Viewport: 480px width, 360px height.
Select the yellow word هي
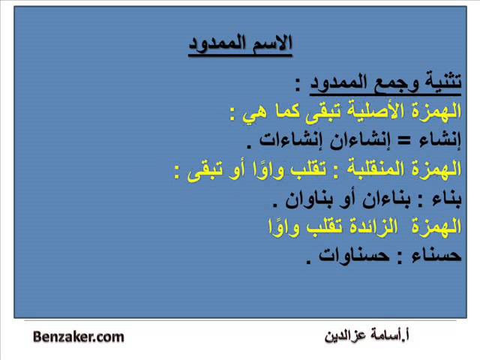[x=253, y=112]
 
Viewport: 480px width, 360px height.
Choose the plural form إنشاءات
[x=292, y=140]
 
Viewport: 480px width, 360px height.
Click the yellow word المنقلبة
[x=376, y=168]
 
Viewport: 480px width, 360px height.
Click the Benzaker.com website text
[x=78, y=337]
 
